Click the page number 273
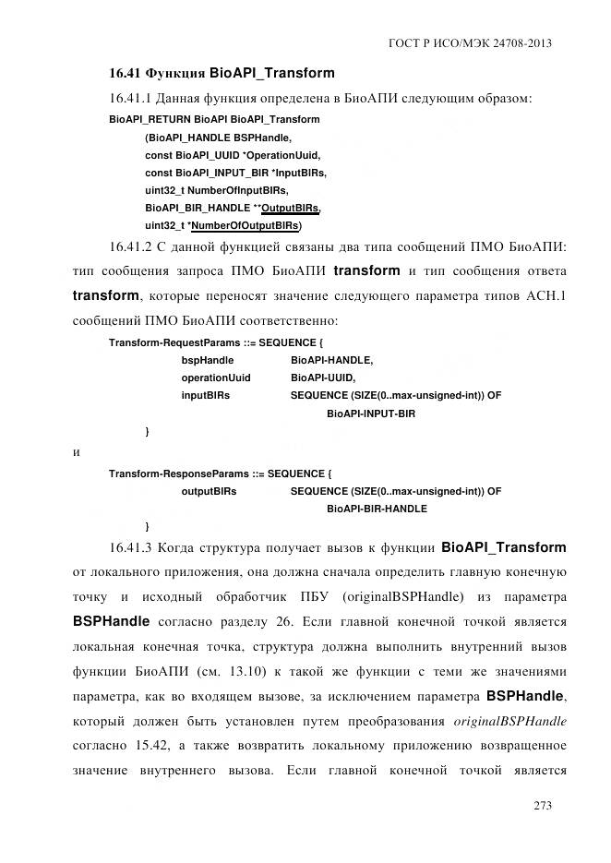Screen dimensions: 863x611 click(542, 806)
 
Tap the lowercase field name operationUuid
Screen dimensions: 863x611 click(215, 378)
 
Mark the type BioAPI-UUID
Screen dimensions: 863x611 click(322, 378)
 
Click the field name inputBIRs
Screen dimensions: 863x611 click(205, 396)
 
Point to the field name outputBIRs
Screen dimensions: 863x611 click(209, 492)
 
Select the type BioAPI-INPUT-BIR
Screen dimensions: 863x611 click(371, 414)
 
